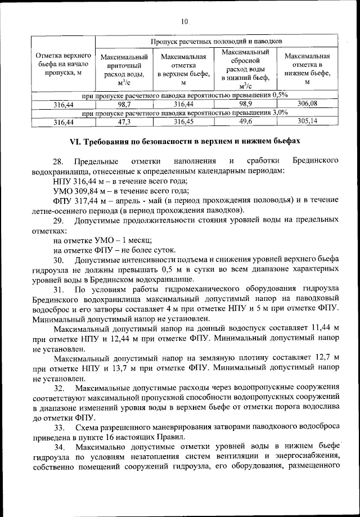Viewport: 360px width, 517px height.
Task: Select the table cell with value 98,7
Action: coord(124,104)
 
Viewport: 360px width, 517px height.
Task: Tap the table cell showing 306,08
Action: coord(307,104)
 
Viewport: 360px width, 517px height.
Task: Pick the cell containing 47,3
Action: coord(124,121)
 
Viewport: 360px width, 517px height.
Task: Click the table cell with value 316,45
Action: coord(184,121)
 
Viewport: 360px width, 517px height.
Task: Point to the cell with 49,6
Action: coord(245,121)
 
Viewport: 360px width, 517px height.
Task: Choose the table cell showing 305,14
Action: coord(307,121)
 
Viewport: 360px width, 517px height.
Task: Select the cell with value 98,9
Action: coord(245,104)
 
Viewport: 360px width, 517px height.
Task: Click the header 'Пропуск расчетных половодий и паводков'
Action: coord(216,42)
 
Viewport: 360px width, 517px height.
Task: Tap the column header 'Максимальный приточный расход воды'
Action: coord(124,70)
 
